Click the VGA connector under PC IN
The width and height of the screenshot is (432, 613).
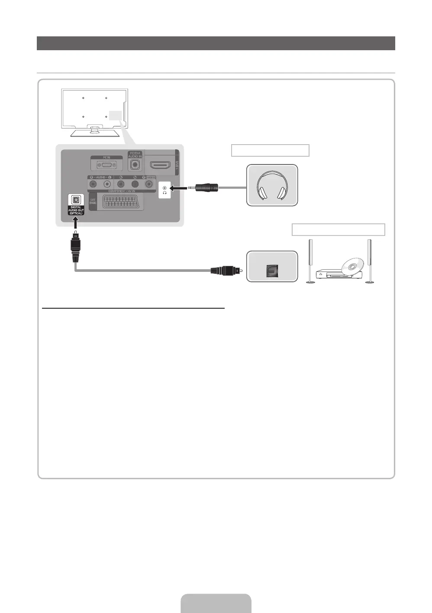[x=106, y=165]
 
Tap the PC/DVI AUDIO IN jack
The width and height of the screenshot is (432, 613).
[x=135, y=165]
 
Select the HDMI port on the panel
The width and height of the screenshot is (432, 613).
[x=160, y=165]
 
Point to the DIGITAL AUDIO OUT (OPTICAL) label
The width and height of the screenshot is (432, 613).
[x=76, y=210]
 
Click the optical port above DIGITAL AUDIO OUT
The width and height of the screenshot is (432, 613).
[x=76, y=200]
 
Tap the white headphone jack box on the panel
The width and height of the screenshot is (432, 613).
[x=164, y=190]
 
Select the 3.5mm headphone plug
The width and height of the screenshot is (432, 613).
[x=203, y=188]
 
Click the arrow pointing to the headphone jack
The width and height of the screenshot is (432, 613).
[x=178, y=188]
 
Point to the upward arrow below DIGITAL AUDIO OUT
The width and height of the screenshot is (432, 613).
[x=76, y=223]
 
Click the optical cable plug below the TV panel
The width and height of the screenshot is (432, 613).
[x=75, y=248]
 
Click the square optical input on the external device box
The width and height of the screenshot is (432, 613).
[x=272, y=271]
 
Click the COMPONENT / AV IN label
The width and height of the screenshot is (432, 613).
[x=122, y=191]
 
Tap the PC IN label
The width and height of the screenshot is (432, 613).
[x=106, y=158]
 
